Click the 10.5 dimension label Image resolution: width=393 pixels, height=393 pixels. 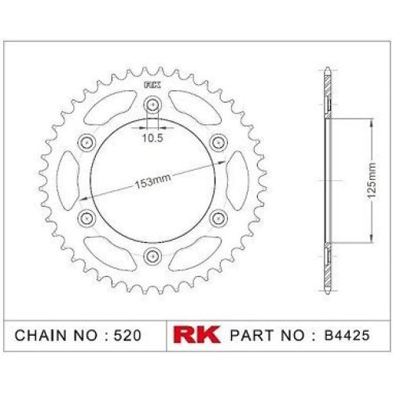pos(152,138)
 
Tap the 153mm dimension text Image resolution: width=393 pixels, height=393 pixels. pos(152,181)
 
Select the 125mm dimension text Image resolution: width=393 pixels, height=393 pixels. pos(372,181)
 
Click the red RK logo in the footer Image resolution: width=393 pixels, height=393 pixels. pos(196,334)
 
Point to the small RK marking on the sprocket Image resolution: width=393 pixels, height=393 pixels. pos(152,85)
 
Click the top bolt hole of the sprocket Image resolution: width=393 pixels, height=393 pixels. pos(152,105)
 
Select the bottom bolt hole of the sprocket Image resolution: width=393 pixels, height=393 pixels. pos(152,255)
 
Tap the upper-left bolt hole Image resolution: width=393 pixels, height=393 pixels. pos(87,142)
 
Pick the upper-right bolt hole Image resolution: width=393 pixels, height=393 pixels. pos(218,142)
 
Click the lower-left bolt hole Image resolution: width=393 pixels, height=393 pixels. pos(87,218)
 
